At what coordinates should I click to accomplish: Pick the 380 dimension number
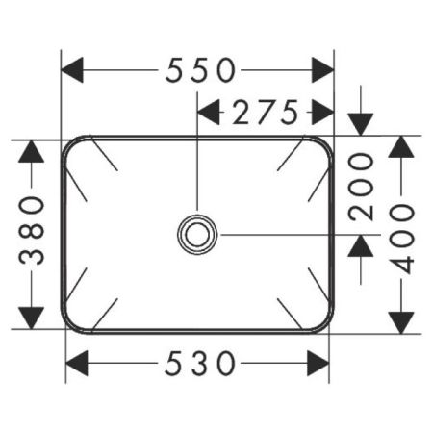click(33, 230)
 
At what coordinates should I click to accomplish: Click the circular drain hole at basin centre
click(198, 233)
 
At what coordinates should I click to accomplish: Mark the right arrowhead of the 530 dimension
click(317, 364)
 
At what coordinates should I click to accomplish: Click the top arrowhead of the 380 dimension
click(33, 150)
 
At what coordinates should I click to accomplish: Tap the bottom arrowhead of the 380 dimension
click(33, 317)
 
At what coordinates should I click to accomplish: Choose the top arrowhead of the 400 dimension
click(404, 146)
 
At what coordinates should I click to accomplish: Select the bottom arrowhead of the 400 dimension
click(404, 321)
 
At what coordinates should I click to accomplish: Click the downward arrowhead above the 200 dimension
click(361, 124)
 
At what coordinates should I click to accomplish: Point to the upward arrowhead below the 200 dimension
click(361, 246)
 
